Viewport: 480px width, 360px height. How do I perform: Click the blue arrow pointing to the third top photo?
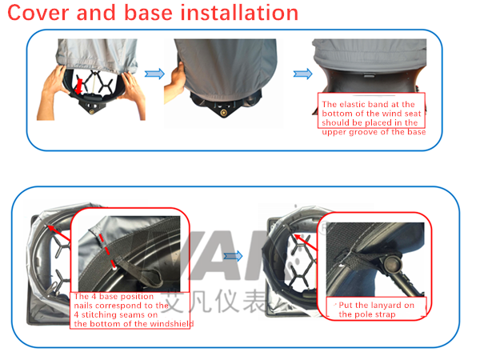click(x=302, y=74)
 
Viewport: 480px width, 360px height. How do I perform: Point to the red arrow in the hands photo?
click(x=79, y=82)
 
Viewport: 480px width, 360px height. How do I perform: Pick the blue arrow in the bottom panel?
click(x=233, y=256)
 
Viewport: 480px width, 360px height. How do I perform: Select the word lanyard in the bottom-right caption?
click(x=383, y=305)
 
